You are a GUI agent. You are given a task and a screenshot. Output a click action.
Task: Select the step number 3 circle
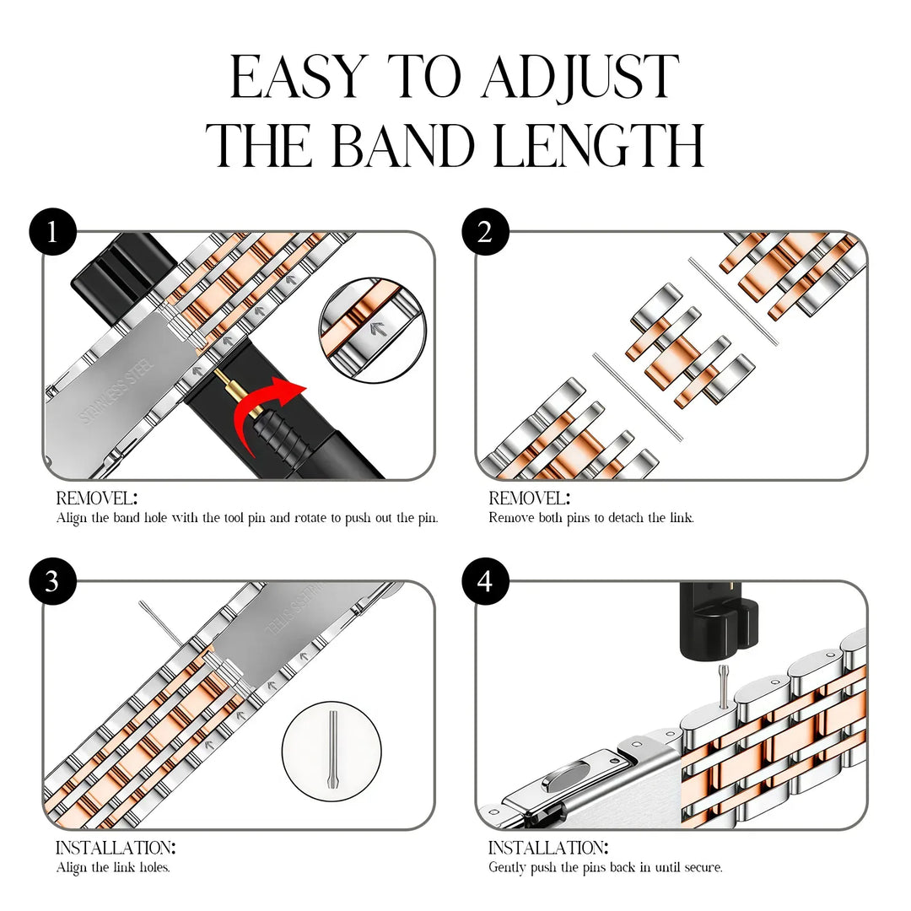point(52,581)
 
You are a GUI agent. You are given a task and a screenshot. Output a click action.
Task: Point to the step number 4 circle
point(485,581)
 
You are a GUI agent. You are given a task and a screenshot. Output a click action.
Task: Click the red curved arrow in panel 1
point(268,405)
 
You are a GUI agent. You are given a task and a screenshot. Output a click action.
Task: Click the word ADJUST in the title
point(580,78)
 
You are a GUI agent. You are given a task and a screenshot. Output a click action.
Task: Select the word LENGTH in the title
point(600,145)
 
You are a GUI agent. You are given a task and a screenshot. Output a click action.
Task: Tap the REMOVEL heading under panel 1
point(96,499)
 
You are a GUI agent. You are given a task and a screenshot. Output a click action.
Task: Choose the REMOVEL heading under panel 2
point(529,499)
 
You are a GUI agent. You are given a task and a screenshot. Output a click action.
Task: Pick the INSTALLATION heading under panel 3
point(116,848)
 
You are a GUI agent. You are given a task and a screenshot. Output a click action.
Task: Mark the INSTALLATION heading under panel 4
point(548,848)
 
